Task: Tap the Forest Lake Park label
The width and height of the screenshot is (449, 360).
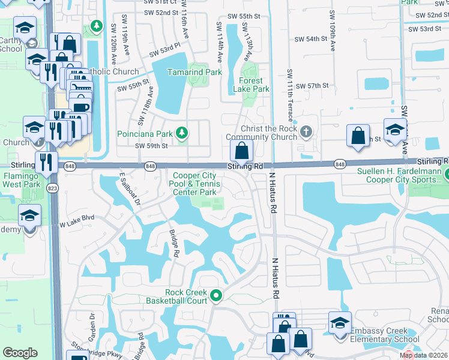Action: [255, 85]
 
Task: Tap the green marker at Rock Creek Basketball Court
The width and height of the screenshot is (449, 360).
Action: [217, 295]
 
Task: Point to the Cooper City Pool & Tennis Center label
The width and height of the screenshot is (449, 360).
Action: [194, 184]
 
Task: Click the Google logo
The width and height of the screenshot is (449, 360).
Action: [20, 353]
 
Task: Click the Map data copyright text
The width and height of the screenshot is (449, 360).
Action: [424, 355]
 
